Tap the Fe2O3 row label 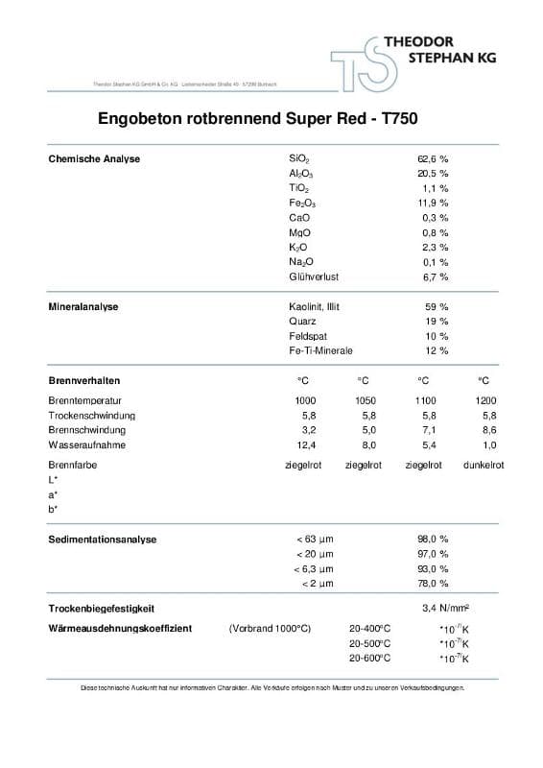click(301, 204)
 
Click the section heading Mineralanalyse click(83, 306)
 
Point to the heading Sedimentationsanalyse click(102, 540)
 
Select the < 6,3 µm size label click(314, 569)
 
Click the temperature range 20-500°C click(369, 643)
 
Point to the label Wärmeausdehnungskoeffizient click(120, 628)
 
